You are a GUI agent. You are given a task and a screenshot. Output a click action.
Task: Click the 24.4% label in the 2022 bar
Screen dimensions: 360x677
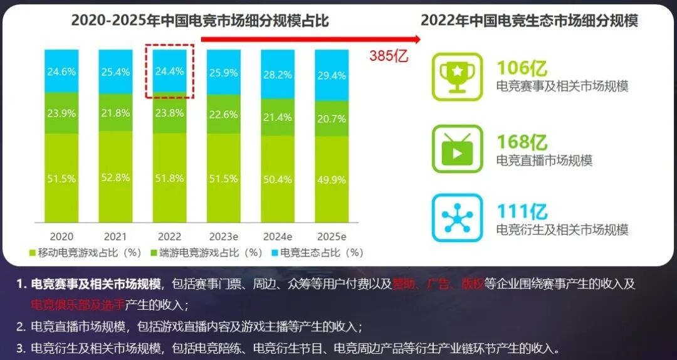click(x=169, y=71)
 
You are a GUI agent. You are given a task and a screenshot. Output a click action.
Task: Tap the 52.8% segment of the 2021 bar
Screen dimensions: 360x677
click(x=115, y=179)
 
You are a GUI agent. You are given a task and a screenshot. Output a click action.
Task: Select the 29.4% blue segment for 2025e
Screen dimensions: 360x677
click(x=332, y=75)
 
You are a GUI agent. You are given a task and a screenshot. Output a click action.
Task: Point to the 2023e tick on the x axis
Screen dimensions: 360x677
click(x=224, y=236)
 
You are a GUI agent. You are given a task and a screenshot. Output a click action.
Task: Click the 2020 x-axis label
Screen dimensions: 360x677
click(x=61, y=236)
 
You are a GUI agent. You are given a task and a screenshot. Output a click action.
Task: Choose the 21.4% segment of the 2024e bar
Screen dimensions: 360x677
click(x=278, y=118)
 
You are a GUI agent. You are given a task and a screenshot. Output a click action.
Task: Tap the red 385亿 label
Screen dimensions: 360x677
click(x=389, y=56)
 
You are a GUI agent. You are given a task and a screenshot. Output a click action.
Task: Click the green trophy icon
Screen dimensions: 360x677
click(x=457, y=77)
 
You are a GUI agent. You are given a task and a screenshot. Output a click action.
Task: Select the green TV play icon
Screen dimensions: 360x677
click(x=457, y=149)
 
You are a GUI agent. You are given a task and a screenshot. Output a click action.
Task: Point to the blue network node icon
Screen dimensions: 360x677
click(x=457, y=218)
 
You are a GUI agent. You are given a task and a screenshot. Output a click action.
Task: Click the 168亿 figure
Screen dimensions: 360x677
click(x=522, y=142)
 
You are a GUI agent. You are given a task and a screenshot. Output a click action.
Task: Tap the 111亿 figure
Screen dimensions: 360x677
click(x=522, y=211)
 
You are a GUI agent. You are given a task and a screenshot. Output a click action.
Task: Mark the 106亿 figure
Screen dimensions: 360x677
click(x=522, y=68)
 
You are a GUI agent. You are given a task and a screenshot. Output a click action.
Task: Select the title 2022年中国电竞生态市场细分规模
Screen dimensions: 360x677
click(x=529, y=20)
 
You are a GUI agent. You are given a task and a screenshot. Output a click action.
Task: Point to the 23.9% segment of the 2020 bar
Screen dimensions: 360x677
click(x=61, y=114)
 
